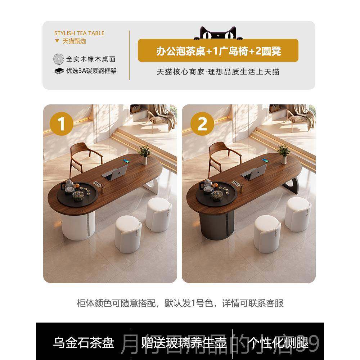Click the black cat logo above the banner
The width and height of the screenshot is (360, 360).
[x=215, y=33]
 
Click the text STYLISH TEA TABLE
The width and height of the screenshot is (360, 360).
[x=79, y=33]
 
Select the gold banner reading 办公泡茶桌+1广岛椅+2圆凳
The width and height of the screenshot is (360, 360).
[x=218, y=51]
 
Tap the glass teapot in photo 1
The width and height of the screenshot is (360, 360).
[x=69, y=186]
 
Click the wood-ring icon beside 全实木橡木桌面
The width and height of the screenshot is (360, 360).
[x=58, y=59]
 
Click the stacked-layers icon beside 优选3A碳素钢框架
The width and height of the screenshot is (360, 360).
[x=59, y=71]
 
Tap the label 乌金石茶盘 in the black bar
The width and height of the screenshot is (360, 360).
[x=84, y=342]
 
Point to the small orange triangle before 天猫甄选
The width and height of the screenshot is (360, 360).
[x=57, y=41]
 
